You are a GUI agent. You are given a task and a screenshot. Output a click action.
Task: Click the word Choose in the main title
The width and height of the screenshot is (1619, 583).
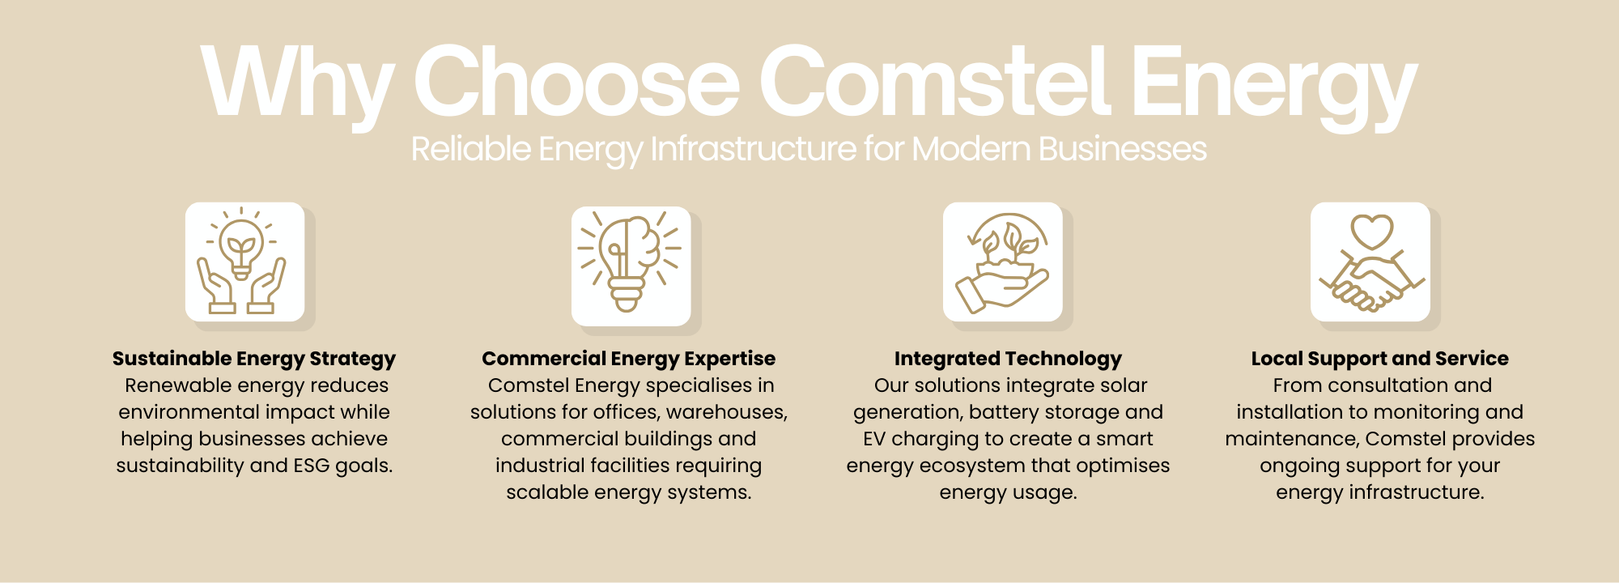pos(576,81)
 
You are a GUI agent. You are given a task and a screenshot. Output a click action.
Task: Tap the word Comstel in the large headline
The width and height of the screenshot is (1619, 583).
pos(934,81)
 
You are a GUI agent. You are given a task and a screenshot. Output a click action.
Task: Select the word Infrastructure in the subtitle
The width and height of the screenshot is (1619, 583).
pos(754,149)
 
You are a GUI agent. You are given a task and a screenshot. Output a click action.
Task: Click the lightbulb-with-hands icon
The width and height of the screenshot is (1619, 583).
pos(242,261)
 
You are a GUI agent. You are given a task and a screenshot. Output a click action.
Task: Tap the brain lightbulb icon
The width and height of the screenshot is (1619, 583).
pos(630,262)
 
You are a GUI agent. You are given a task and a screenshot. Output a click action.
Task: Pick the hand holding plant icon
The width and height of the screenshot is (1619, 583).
pos(1003,262)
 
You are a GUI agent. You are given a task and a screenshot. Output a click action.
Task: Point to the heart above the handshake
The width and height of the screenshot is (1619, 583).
pos(1371,232)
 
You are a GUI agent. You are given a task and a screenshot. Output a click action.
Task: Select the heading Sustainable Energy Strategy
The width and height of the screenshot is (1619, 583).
pos(254,359)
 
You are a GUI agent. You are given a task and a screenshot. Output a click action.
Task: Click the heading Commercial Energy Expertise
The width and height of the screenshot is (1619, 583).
pos(629,359)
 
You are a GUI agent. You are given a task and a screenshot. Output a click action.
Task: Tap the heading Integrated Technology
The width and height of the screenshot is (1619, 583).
pos(1008,359)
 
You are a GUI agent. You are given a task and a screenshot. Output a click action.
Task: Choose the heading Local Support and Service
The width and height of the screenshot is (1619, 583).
pos(1380,359)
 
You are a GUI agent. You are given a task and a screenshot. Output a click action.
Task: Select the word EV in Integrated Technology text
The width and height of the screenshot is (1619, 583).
pos(874,439)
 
